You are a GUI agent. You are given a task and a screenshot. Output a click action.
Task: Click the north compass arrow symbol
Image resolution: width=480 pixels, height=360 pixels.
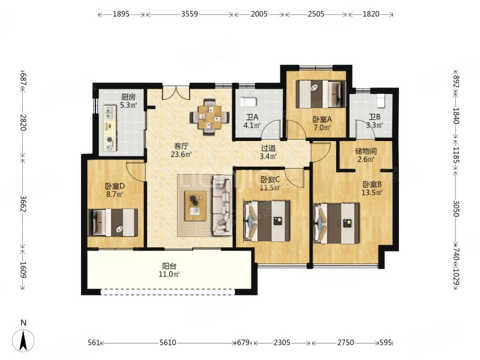(x=23, y=340)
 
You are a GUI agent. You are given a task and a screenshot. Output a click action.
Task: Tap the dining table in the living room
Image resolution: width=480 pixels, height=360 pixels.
(x=209, y=117)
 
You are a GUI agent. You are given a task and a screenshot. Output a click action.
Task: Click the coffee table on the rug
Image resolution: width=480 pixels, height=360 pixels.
(x=196, y=206)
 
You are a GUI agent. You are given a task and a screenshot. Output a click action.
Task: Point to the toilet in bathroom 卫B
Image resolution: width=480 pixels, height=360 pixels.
(x=380, y=101)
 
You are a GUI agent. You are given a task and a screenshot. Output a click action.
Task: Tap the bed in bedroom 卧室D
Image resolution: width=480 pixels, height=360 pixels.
(x=112, y=223)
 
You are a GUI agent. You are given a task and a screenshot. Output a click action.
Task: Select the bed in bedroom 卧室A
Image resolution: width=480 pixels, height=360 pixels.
(x=321, y=94)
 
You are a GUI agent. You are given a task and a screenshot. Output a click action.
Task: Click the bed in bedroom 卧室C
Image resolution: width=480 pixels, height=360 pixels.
(x=266, y=221)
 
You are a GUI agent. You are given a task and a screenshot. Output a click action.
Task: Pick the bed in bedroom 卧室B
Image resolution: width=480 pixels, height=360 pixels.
(x=337, y=223)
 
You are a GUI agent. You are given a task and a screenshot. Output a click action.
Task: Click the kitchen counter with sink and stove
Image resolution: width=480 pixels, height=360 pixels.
(x=110, y=128)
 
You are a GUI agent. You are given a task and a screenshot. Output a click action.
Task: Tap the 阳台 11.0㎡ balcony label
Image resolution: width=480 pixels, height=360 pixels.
(x=169, y=270)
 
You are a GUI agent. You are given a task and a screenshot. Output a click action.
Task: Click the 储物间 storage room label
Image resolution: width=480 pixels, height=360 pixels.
(x=366, y=155)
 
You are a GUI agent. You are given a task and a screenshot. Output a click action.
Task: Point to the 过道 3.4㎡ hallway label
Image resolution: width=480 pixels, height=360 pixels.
(x=268, y=152)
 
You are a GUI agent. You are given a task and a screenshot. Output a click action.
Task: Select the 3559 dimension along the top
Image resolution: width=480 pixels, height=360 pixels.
(x=190, y=14)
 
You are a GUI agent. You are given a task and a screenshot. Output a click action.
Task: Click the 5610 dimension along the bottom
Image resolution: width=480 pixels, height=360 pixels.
(x=168, y=343)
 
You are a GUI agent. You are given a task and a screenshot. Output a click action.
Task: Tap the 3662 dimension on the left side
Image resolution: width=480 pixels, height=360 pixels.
(x=23, y=202)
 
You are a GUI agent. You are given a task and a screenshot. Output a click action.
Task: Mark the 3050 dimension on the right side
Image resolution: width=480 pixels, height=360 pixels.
(x=456, y=208)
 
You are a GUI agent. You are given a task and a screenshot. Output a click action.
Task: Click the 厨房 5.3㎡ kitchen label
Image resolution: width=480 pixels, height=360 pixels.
(x=128, y=101)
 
